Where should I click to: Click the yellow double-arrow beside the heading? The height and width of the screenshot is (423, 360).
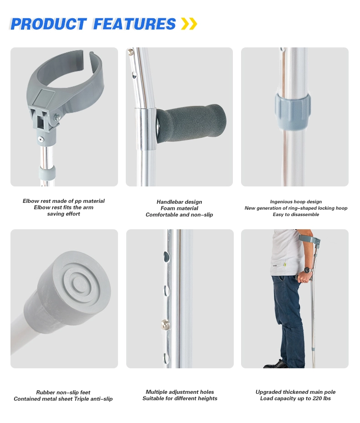(189, 24)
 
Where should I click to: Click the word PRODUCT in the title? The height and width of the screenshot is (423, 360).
(48, 24)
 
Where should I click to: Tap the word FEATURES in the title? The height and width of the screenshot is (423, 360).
(134, 24)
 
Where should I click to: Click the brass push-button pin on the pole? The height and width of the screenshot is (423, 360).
(165, 324)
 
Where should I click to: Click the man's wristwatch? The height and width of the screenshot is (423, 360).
(307, 270)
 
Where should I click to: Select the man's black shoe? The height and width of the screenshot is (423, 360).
(276, 364)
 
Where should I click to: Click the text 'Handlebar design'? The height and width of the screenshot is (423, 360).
(179, 202)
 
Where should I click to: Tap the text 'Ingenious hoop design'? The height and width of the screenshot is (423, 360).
(296, 202)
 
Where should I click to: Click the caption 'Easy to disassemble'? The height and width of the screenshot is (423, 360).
(296, 215)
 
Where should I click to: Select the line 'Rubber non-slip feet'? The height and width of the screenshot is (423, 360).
(63, 392)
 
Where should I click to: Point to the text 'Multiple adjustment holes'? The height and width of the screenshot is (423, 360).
(180, 392)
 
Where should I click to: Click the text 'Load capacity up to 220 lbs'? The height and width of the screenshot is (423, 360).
(295, 398)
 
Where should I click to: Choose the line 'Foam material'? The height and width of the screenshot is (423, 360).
(179, 208)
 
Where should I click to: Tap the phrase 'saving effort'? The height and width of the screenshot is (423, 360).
(63, 214)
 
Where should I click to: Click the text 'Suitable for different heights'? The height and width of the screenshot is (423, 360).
(180, 398)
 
